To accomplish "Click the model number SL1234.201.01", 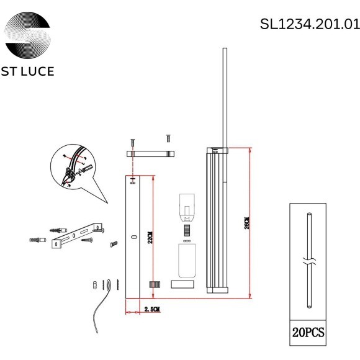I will click(x=309, y=24).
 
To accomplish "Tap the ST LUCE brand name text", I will click(x=29, y=71).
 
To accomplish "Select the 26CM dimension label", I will click(x=246, y=224).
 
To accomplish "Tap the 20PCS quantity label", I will click(x=308, y=333).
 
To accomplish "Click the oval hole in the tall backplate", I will click(x=133, y=237).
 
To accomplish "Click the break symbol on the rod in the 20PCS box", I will click(x=308, y=259).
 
